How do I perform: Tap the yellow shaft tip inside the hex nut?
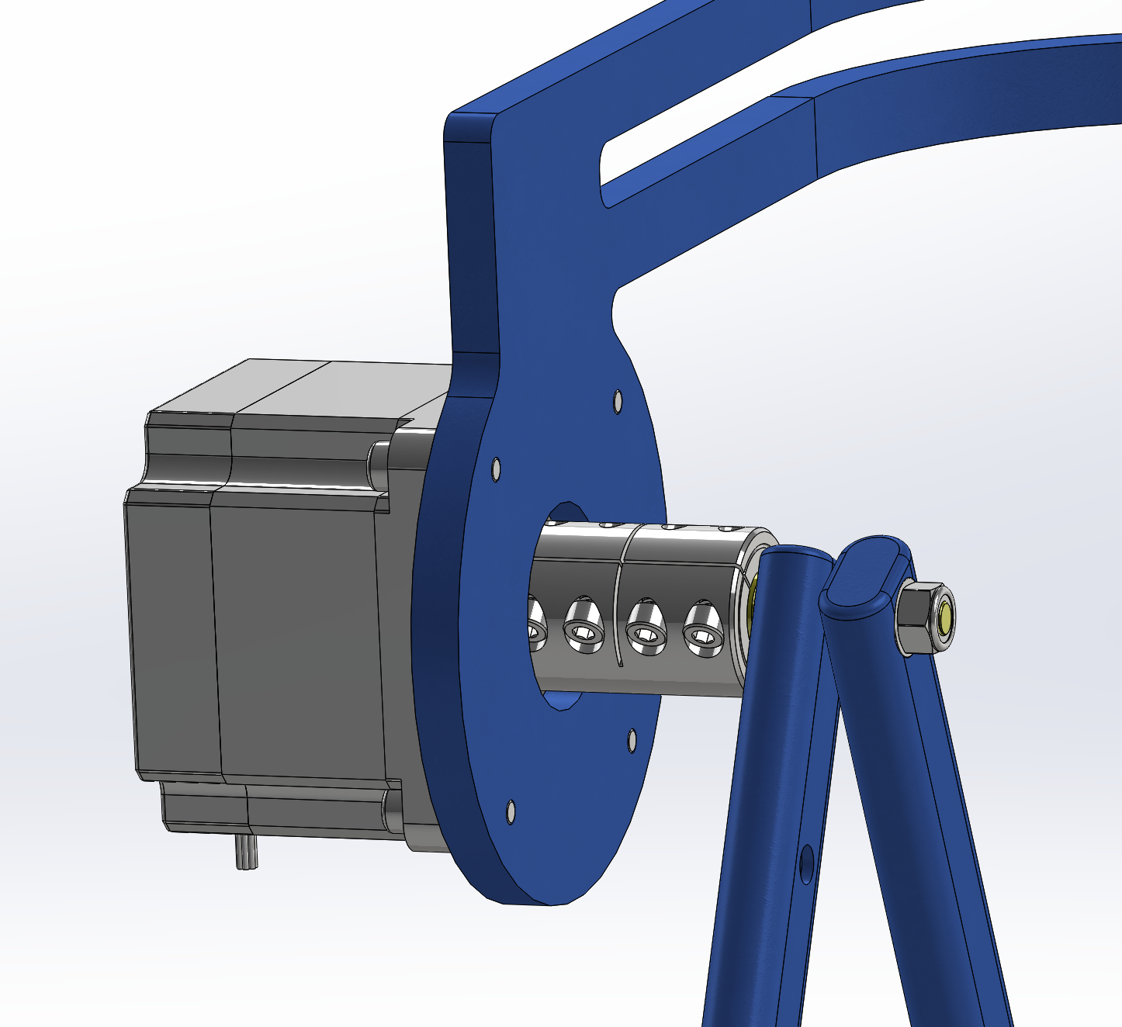(x=947, y=618)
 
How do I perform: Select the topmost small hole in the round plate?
(x=618, y=402)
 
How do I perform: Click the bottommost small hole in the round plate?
(x=510, y=811)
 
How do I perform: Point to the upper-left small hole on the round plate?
(x=496, y=469)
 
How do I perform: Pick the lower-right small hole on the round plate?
(x=632, y=740)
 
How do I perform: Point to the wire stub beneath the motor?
(x=246, y=852)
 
